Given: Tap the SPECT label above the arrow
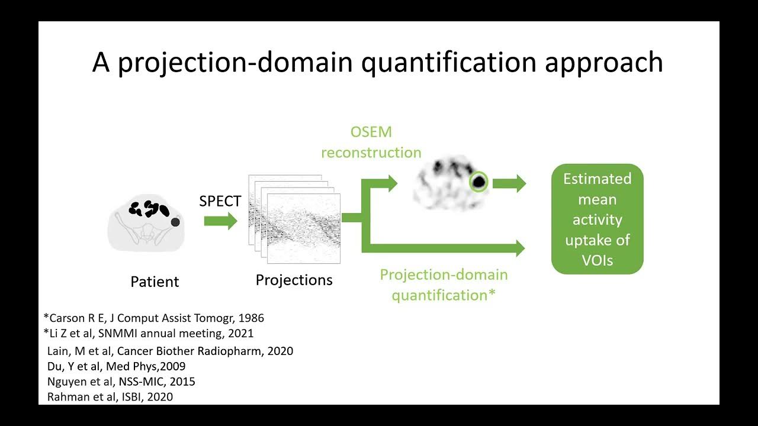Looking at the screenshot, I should coord(220,201).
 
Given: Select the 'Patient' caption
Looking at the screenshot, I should coord(155,282).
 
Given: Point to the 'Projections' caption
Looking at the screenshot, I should coord(294,280).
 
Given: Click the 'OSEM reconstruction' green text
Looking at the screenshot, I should coord(371,142).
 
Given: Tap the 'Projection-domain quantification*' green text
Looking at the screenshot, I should coord(444,285).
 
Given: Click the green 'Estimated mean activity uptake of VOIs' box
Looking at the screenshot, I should coord(597,219).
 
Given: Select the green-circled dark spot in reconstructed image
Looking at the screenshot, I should coord(478,182).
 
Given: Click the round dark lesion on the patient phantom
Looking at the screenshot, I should coord(175,222).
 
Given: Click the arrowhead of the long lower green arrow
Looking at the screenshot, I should coord(519,248).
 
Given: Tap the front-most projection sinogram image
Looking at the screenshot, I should coord(304,228).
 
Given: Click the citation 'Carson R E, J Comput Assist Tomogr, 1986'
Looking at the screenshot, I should coord(153,318).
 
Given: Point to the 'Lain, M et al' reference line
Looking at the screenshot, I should coord(170,351).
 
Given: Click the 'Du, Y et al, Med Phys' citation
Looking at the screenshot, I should coord(116,366).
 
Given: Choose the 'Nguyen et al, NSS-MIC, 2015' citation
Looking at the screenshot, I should coord(121,382).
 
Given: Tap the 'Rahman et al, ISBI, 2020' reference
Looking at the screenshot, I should coord(110,397).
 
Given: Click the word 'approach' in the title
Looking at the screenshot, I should coord(603,63).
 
